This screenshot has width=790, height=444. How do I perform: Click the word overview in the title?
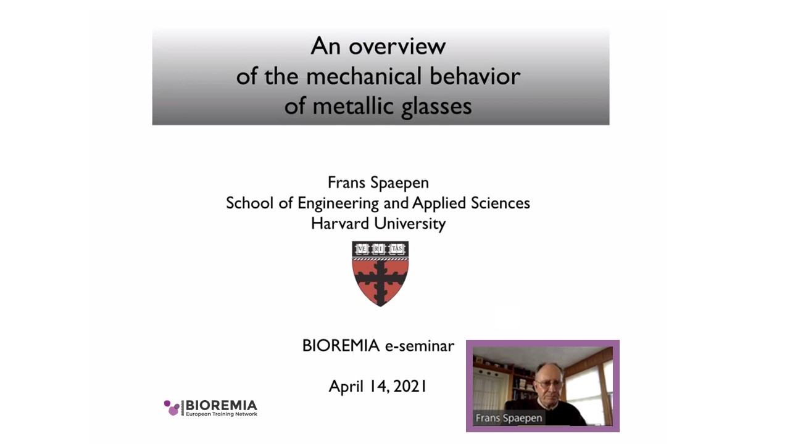[397, 47]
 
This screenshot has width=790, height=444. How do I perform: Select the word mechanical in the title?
[364, 76]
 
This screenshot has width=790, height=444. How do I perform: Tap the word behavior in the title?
[475, 76]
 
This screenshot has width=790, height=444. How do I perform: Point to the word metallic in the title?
[353, 105]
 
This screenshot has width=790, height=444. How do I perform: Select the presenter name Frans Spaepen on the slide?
[378, 183]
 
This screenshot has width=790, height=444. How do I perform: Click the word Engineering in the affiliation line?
[338, 203]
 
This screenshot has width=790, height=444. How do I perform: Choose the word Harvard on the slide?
[339, 223]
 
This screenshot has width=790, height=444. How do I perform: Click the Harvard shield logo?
[380, 274]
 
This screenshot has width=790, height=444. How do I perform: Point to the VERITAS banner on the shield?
[380, 249]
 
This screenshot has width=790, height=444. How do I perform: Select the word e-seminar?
[420, 346]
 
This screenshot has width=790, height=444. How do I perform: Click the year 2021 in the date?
[410, 386]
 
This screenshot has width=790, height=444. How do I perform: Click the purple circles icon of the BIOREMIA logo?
[172, 408]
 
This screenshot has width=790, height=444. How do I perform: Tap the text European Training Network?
[222, 414]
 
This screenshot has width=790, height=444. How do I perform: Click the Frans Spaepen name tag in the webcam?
[509, 418]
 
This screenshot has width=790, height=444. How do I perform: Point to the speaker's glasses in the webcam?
[549, 384]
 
